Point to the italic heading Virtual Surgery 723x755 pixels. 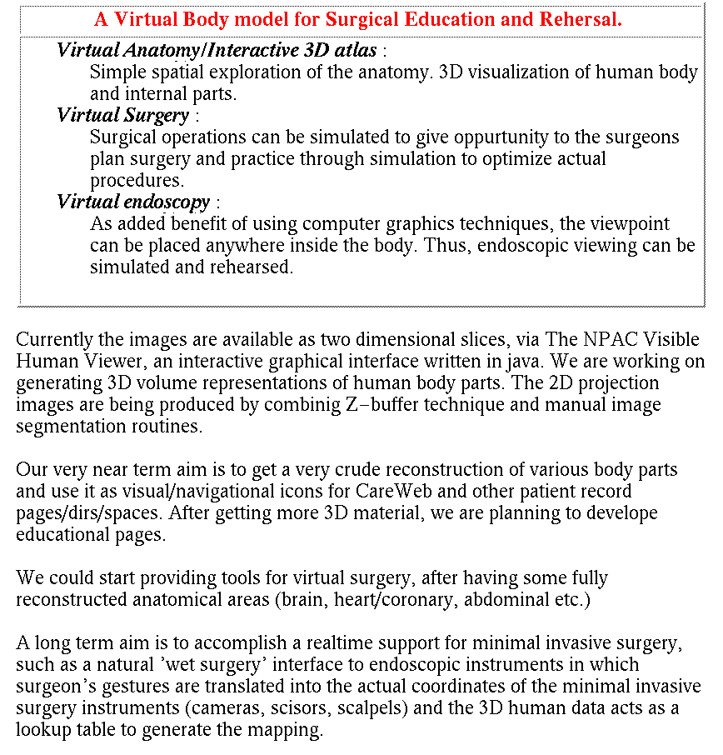122,115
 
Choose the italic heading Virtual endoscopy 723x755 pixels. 134,202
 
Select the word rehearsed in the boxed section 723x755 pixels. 252,267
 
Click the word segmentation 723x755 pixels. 67,427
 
